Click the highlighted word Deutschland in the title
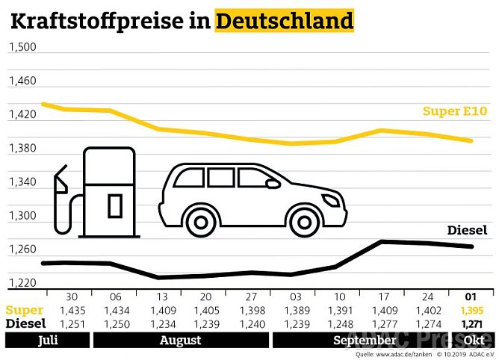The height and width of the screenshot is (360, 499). coord(284,20)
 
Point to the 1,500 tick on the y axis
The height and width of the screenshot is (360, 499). coord(22,47)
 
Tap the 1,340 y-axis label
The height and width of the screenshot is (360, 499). coord(22,182)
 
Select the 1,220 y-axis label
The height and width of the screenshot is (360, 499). coord(22,283)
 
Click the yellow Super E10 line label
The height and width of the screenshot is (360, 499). coord(454,111)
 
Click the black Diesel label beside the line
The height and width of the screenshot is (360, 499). coord(467,230)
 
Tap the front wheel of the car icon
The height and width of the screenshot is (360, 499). coord(303,220)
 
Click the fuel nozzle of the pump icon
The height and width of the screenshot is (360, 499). coord(61,179)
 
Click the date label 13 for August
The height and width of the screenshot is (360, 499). coord(161,296)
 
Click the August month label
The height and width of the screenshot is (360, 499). coord(180,341)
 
